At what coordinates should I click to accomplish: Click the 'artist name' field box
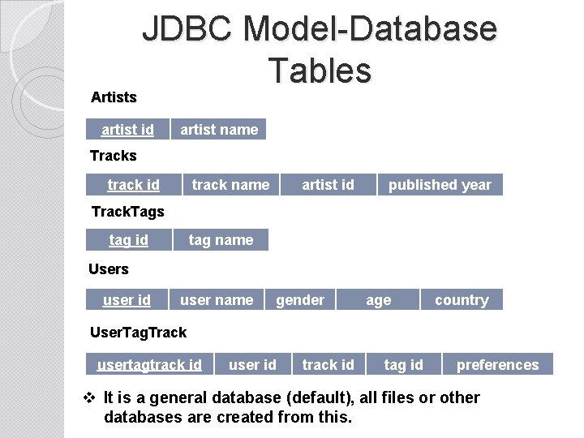pos(219,130)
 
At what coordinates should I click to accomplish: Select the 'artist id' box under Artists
pos(127,130)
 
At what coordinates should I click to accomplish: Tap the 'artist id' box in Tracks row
pos(328,185)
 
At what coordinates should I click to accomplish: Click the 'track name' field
pos(230,185)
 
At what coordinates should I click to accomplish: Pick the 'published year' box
pos(440,185)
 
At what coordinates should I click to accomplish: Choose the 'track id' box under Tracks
pos(133,185)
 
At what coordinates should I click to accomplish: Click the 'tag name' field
pos(221,240)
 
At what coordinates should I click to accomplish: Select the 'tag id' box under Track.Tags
pos(129,240)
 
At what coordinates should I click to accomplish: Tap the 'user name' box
pos(217,300)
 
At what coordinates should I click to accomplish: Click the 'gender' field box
pos(300,300)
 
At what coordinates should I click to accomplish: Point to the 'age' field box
pos(379,300)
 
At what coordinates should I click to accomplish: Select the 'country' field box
pos(462,300)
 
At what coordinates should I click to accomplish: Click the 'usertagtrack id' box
pos(149,365)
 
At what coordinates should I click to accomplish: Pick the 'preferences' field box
pos(497,365)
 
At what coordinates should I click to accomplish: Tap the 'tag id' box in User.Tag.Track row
pos(404,365)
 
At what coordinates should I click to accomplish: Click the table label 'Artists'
pos(114,97)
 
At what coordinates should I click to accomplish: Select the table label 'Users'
pos(109,268)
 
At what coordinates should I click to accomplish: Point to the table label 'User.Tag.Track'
pos(138,333)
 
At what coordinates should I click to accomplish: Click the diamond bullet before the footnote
pos(91,398)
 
